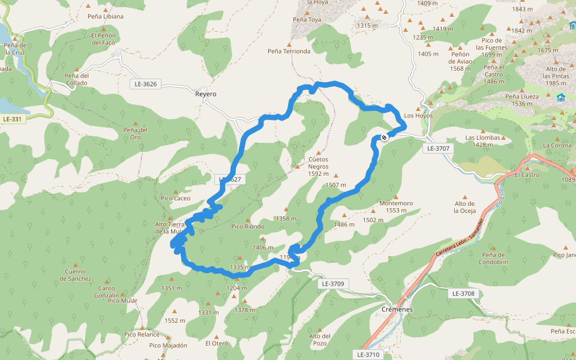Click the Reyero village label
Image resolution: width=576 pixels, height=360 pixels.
pyautogui.click(x=206, y=94)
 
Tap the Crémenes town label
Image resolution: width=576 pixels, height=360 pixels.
pyautogui.click(x=397, y=310)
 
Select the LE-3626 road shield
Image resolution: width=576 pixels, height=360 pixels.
pyautogui.click(x=146, y=84)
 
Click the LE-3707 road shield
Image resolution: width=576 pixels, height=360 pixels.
pyautogui.click(x=438, y=148)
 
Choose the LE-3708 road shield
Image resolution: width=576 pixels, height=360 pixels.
pyautogui.click(x=464, y=293)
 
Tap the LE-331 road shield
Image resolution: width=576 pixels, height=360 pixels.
pyautogui.click(x=12, y=119)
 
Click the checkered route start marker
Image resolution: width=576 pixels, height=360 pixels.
pyautogui.click(x=384, y=137)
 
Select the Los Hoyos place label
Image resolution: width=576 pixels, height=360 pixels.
pyautogui.click(x=418, y=115)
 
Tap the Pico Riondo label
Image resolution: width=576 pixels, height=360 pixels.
pyautogui.click(x=248, y=226)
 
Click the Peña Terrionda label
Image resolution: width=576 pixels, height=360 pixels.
pyautogui.click(x=289, y=51)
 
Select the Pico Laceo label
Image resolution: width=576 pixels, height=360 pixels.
pyautogui.click(x=176, y=198)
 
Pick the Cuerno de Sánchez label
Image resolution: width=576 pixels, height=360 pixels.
pyautogui.click(x=76, y=275)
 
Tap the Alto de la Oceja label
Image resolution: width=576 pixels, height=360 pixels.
pyautogui.click(x=465, y=207)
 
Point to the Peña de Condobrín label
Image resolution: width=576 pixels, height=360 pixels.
pyautogui.click(x=494, y=259)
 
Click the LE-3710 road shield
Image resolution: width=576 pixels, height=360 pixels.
pyautogui.click(x=368, y=355)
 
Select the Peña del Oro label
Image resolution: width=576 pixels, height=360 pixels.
pyautogui.click(x=136, y=133)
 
